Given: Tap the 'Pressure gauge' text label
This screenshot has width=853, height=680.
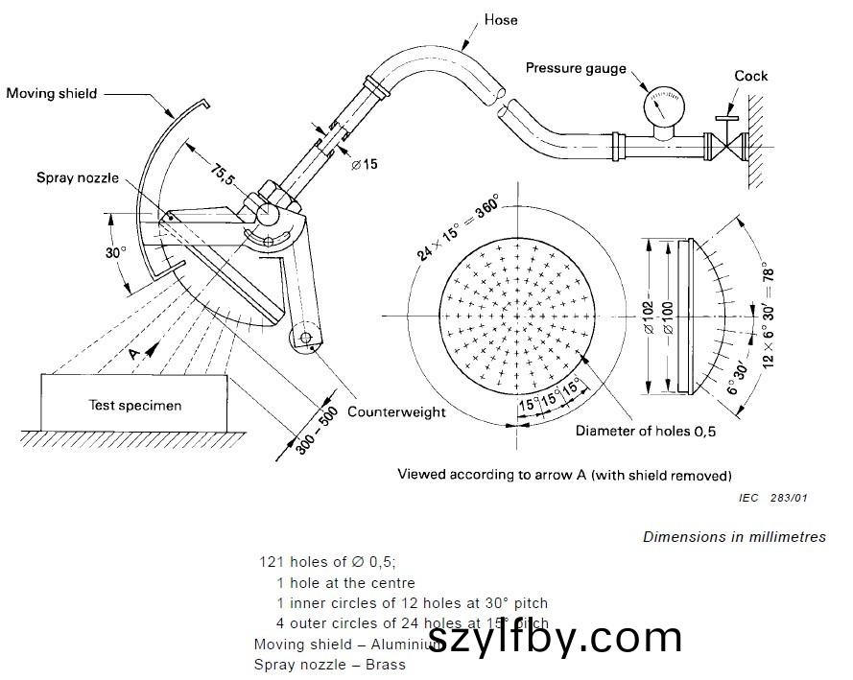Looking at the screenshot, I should tap(576, 68).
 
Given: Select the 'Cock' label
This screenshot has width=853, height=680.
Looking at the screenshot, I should tap(751, 76).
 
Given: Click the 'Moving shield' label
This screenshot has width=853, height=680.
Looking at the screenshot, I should tap(52, 93).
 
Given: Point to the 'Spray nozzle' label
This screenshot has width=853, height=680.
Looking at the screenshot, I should tap(78, 177).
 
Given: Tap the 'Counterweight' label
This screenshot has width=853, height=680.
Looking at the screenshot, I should tap(396, 411).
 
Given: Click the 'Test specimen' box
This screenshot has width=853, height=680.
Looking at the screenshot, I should tap(134, 405).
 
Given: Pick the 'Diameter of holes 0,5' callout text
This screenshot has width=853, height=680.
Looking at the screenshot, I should tap(646, 431).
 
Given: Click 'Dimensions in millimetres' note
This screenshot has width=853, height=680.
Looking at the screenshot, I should tap(734, 537).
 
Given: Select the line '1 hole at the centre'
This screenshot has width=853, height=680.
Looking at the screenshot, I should tap(345, 583).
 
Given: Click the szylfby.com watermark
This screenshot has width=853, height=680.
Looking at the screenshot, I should tap(555, 637).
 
